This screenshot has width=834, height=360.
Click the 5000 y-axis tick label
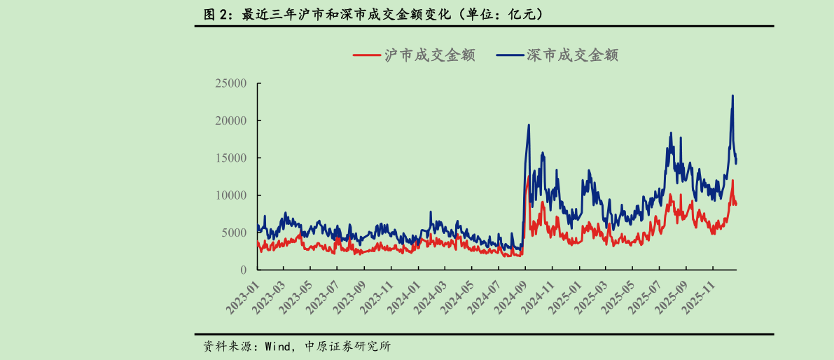[235, 233]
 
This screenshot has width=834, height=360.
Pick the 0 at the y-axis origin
[244, 270]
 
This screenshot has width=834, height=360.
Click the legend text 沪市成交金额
[429, 55]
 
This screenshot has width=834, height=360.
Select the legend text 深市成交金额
[572, 55]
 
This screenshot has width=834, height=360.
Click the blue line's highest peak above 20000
[732, 96]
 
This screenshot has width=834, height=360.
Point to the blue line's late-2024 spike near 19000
[529, 125]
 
